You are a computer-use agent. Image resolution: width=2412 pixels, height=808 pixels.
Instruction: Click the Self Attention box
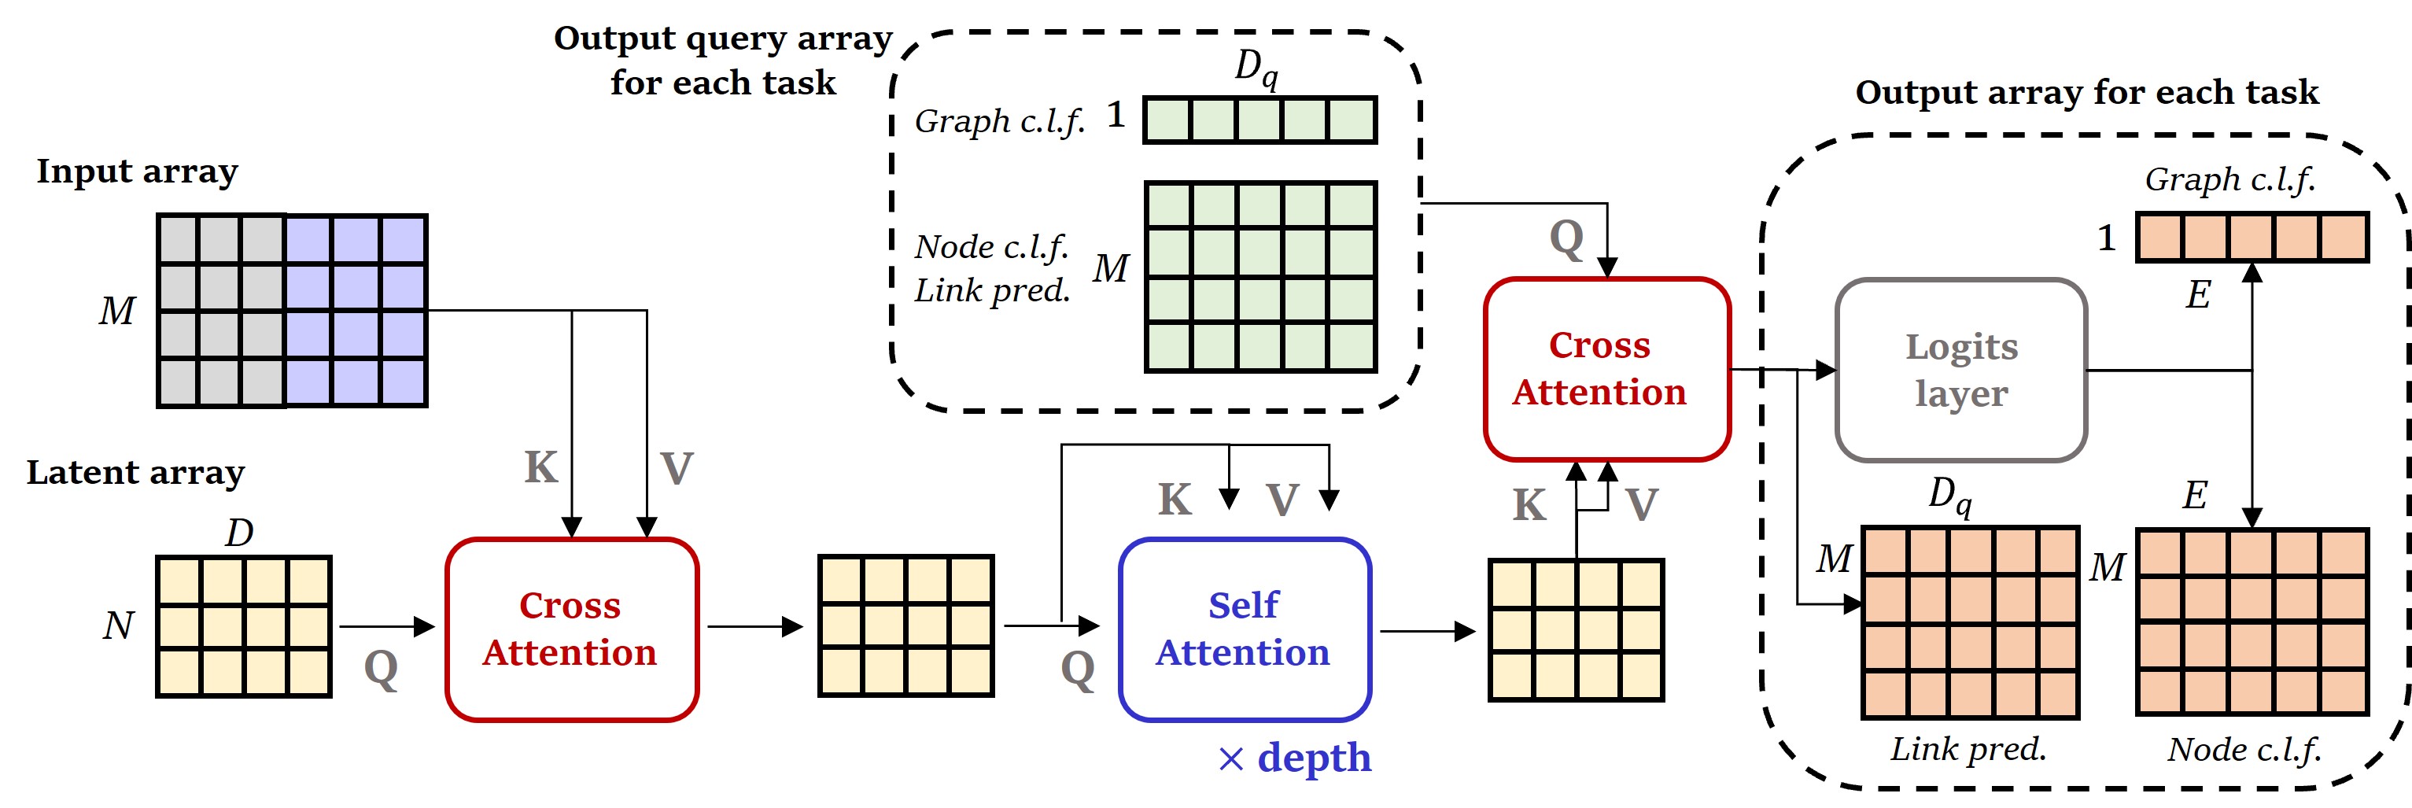(1245, 629)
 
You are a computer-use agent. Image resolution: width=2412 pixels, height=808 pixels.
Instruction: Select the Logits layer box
(1960, 370)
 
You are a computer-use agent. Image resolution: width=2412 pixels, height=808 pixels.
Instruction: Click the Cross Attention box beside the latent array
(571, 629)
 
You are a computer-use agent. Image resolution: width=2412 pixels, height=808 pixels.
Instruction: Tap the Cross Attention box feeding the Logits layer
(1606, 369)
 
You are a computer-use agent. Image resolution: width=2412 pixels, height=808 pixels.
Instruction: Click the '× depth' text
(1295, 758)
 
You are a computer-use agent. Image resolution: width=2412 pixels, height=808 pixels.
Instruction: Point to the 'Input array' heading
(137, 172)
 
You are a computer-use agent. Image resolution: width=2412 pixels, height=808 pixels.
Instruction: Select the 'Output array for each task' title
(2086, 92)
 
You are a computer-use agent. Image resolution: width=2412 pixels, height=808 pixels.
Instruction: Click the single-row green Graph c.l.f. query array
(1259, 120)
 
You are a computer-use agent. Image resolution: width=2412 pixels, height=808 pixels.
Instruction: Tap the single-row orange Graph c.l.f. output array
(2251, 237)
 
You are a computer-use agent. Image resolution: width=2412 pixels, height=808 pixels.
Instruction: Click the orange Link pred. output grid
(1970, 622)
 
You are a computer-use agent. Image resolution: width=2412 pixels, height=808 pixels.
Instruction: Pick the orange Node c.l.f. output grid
(2251, 622)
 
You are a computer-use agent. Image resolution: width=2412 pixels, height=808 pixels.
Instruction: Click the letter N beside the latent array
(118, 625)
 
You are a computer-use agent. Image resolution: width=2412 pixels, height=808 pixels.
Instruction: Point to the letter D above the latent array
(239, 533)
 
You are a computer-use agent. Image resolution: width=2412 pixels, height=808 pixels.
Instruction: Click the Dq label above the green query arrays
(1255, 68)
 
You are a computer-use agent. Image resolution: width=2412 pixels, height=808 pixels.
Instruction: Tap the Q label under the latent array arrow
(380, 669)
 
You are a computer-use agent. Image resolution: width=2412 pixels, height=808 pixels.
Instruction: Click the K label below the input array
(540, 467)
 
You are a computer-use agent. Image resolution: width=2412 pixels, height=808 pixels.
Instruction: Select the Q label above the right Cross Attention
(1566, 238)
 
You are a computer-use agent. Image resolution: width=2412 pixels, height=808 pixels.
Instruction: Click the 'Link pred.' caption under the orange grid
(1968, 749)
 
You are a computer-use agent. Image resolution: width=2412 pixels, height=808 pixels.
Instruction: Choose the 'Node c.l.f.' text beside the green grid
(990, 247)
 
